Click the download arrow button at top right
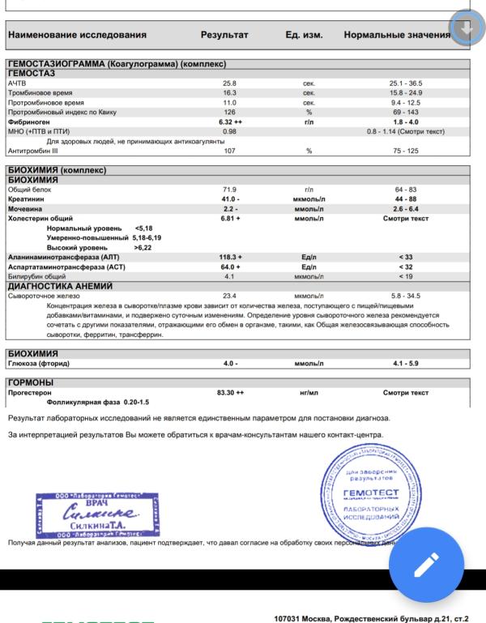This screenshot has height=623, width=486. pos(466,29)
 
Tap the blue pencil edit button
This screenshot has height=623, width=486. pos(426,564)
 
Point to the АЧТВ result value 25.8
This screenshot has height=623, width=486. pos(229,83)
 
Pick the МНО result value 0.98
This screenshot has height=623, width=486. pos(229,130)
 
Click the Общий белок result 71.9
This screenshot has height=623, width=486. pos(230,189)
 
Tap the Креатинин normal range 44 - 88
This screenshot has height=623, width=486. pos(406,198)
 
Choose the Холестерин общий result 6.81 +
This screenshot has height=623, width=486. pos(231,219)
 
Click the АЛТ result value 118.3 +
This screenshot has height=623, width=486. pos(230,257)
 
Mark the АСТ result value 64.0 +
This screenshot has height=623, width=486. pos(230,267)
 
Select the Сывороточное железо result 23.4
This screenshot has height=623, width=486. pos(230,296)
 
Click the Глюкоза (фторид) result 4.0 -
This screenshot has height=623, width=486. pos(230,364)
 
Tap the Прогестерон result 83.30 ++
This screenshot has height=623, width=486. pos(231,392)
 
